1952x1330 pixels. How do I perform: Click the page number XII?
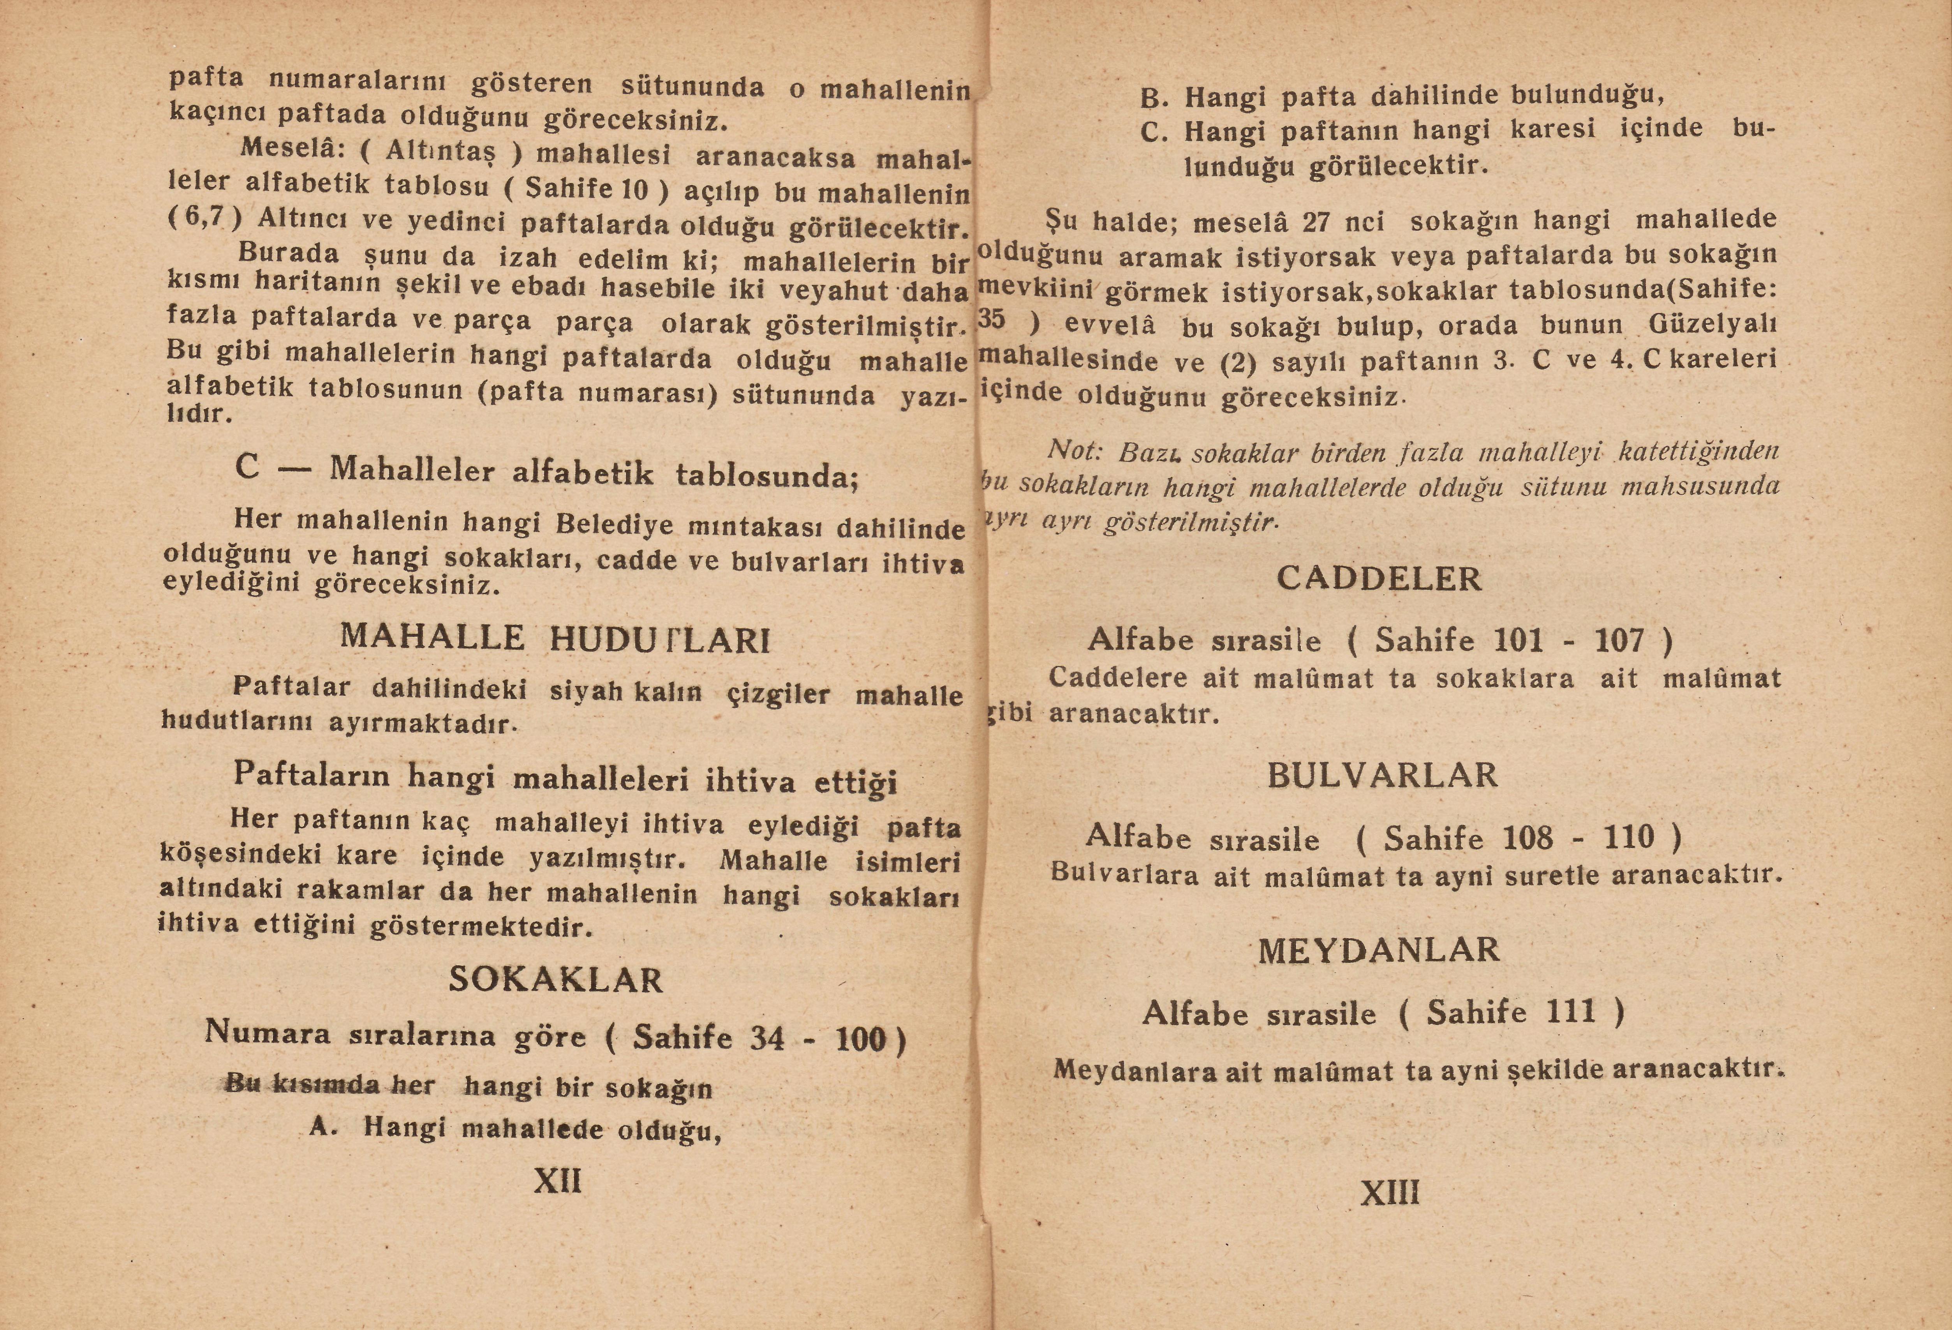pyautogui.click(x=558, y=1181)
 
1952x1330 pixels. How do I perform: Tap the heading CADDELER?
pyautogui.click(x=1379, y=579)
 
